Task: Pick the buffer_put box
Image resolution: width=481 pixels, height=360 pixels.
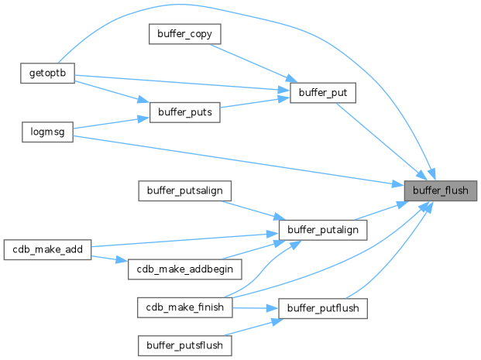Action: point(322,94)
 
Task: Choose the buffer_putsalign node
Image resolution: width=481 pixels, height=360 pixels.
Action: point(184,190)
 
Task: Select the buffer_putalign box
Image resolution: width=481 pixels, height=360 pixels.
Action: point(322,230)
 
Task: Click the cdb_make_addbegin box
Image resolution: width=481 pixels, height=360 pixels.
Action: point(184,268)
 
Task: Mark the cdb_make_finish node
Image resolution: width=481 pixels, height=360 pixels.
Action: point(184,307)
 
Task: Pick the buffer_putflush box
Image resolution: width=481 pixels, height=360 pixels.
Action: point(322,307)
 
